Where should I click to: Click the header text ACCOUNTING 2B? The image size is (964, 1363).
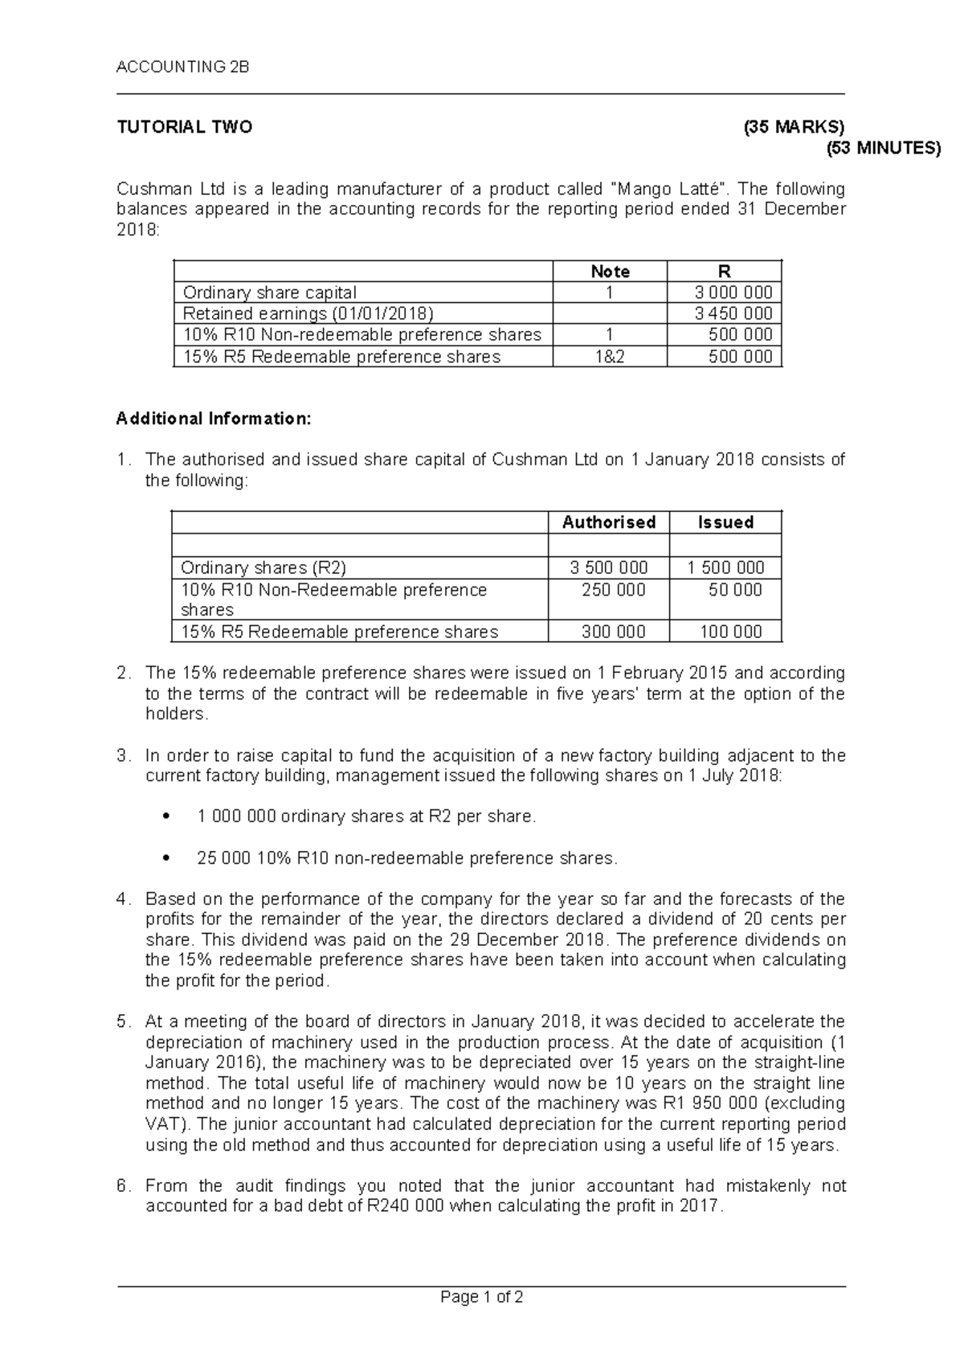[183, 68]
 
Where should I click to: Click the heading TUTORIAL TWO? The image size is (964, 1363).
[185, 127]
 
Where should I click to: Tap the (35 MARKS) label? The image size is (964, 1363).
[794, 127]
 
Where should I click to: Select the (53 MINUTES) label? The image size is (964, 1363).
[884, 148]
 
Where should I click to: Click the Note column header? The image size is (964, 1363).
[610, 272]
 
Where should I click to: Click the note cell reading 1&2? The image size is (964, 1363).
[610, 357]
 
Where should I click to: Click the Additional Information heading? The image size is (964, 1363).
[213, 419]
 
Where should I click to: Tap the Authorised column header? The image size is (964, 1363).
[609, 522]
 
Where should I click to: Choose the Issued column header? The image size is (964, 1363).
[725, 522]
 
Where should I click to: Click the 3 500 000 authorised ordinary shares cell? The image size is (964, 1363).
[609, 567]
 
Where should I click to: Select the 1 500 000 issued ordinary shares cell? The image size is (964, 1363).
[725, 567]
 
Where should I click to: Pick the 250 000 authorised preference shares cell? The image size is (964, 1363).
[614, 590]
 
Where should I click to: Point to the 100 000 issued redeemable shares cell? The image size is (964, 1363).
[730, 632]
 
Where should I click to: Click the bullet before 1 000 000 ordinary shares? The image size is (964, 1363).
[165, 817]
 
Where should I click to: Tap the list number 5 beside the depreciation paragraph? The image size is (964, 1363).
[122, 1022]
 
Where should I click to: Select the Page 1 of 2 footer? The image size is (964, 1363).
[482, 1297]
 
